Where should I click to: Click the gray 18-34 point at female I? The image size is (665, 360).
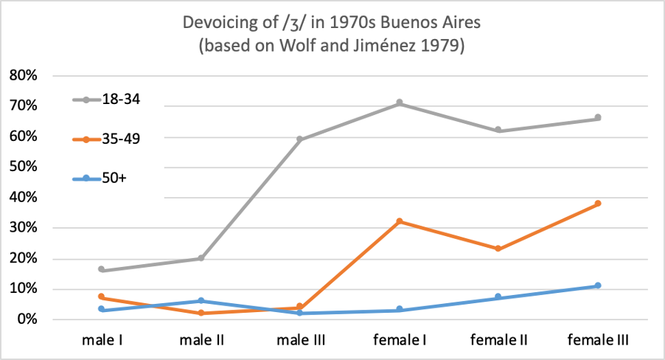coord(400,103)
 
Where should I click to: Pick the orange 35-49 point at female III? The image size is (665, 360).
coord(598,204)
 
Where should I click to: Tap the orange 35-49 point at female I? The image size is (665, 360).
coord(400,221)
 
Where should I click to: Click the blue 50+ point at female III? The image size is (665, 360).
coord(598,285)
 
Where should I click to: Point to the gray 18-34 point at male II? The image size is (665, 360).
coord(201,258)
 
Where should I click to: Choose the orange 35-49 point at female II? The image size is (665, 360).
coord(498,249)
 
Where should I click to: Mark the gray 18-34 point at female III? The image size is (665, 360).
coord(598,118)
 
